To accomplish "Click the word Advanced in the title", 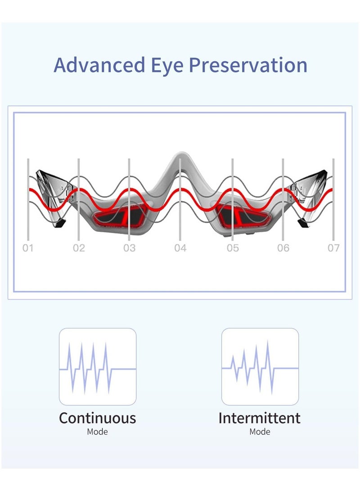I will (x=97, y=65).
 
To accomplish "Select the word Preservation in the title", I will (x=248, y=65).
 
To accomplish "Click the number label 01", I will (x=28, y=248).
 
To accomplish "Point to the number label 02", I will (x=79, y=248).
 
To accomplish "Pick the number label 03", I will (x=129, y=248).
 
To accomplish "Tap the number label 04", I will (x=180, y=248).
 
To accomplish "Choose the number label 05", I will (x=233, y=248).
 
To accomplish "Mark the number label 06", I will (x=283, y=248).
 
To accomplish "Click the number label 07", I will (x=333, y=248).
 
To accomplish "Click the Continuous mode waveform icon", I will (x=98, y=367).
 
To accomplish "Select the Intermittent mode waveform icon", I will (x=260, y=367).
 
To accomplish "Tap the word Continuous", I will (x=98, y=418).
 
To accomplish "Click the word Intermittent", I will (x=260, y=418).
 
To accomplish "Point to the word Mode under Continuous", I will (x=98, y=432).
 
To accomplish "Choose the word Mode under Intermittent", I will (x=260, y=432).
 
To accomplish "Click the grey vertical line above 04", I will (x=180, y=203).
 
